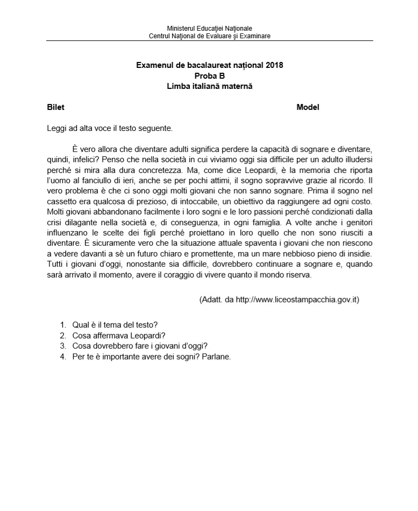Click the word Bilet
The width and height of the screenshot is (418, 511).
56,107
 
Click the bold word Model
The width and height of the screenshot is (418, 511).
308,107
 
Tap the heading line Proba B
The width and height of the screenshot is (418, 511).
209,75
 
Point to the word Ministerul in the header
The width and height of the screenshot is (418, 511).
182,28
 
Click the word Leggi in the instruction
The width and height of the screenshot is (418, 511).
56,128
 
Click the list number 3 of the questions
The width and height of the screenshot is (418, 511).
63,346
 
